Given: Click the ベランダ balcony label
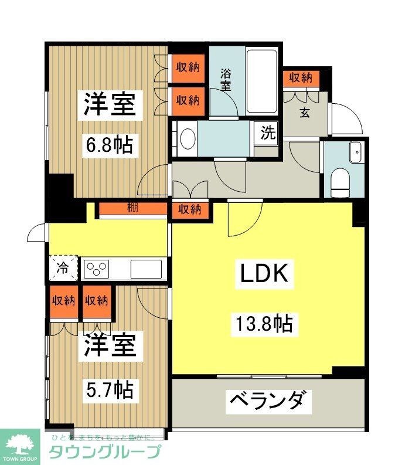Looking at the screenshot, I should click(x=267, y=402).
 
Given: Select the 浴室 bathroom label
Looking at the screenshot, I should click(x=226, y=80).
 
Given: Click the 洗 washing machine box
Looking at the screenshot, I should click(x=267, y=133).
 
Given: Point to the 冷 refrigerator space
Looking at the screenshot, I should click(x=63, y=268).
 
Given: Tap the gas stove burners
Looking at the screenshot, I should click(x=97, y=269).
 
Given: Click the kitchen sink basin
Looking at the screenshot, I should click(x=146, y=269).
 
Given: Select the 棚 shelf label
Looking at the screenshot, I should click(x=132, y=208).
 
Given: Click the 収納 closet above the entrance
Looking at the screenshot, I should click(x=301, y=77).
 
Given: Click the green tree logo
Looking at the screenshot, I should click(x=19, y=444).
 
